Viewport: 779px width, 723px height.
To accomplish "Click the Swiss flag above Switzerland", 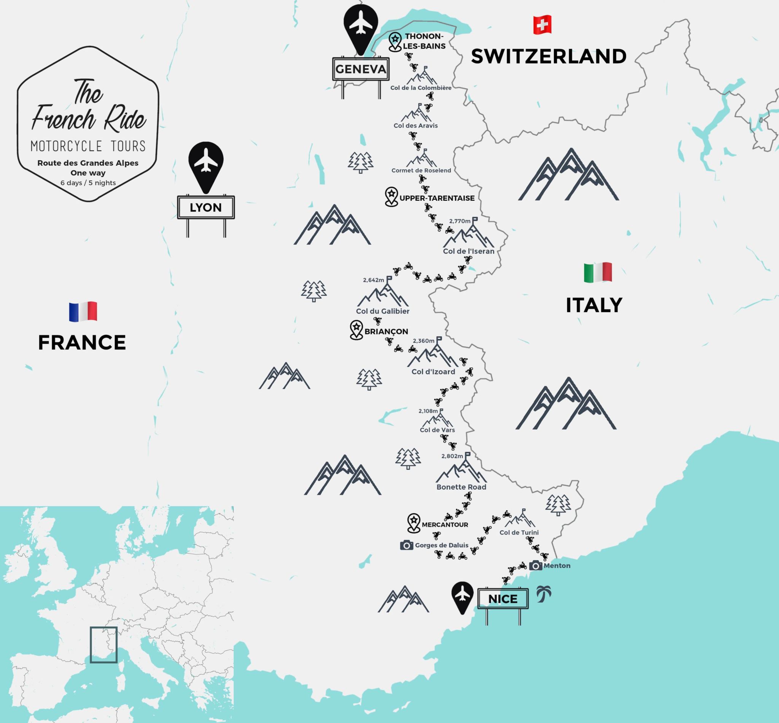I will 542,25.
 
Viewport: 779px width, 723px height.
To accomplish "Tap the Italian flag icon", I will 598,272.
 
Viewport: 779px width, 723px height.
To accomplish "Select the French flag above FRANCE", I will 83,311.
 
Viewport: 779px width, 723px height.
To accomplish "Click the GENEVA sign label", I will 361,69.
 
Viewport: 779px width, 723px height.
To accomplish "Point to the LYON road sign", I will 206,207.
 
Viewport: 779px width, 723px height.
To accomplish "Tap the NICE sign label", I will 503,599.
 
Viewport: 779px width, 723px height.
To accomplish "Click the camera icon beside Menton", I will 536,566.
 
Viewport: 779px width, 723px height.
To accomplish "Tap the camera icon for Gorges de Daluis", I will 407,545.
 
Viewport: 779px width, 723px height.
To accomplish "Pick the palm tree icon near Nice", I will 544,594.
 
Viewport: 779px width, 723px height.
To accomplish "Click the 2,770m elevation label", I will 460,221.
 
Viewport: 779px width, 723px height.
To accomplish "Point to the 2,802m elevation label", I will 452,456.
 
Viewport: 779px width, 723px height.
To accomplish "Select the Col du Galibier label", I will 383,311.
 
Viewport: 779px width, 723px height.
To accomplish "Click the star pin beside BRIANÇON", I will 356,330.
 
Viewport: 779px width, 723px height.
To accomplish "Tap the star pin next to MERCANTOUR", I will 413,522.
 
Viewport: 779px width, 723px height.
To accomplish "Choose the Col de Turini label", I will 519,532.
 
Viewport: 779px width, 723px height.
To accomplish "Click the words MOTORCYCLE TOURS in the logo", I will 88,146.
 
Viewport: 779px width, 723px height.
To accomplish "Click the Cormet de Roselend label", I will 421,171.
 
